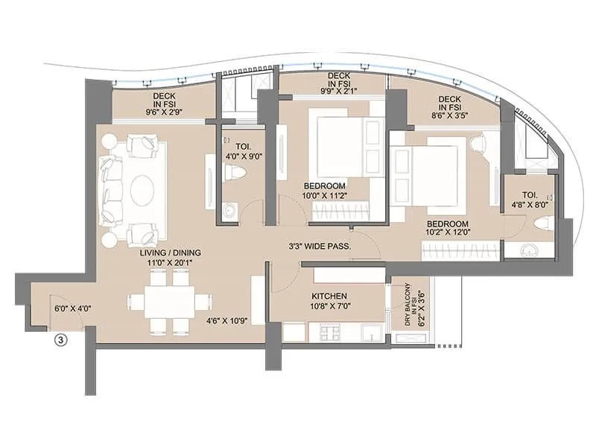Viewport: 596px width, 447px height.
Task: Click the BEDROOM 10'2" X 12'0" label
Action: (448, 229)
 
